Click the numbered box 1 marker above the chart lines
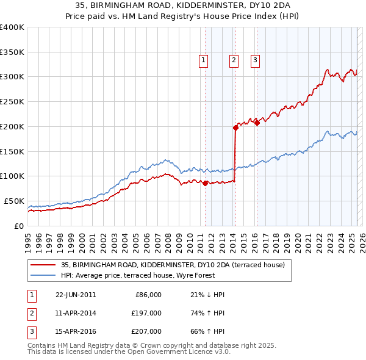(x=203, y=60)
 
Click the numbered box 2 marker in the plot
(x=234, y=60)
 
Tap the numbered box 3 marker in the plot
(x=254, y=60)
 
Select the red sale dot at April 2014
(x=235, y=128)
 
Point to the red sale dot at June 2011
(x=205, y=182)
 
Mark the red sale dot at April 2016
(x=257, y=123)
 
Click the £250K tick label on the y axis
(x=12, y=102)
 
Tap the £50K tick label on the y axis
(x=13, y=201)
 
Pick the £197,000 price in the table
(x=147, y=313)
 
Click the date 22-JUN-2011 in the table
(x=76, y=295)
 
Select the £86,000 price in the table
(x=148, y=295)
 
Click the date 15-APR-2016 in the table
(x=76, y=332)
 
